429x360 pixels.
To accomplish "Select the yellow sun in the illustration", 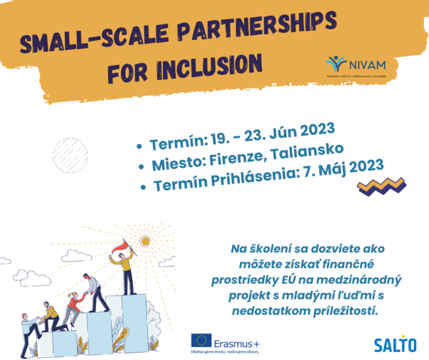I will click(x=146, y=241).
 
